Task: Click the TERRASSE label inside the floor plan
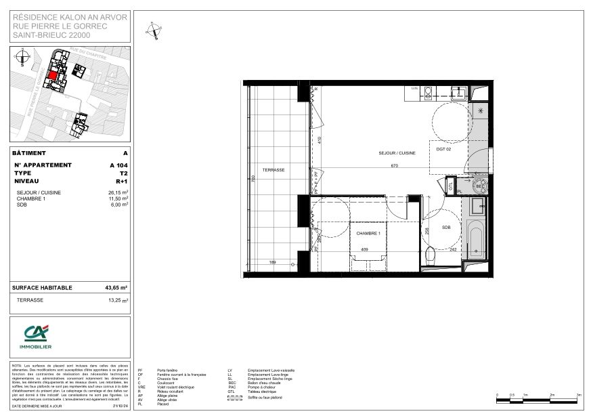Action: point(273,169)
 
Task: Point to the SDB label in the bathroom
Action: point(446,228)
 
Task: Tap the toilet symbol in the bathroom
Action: point(431,256)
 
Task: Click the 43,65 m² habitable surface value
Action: point(117,287)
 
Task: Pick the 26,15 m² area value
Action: point(118,193)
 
